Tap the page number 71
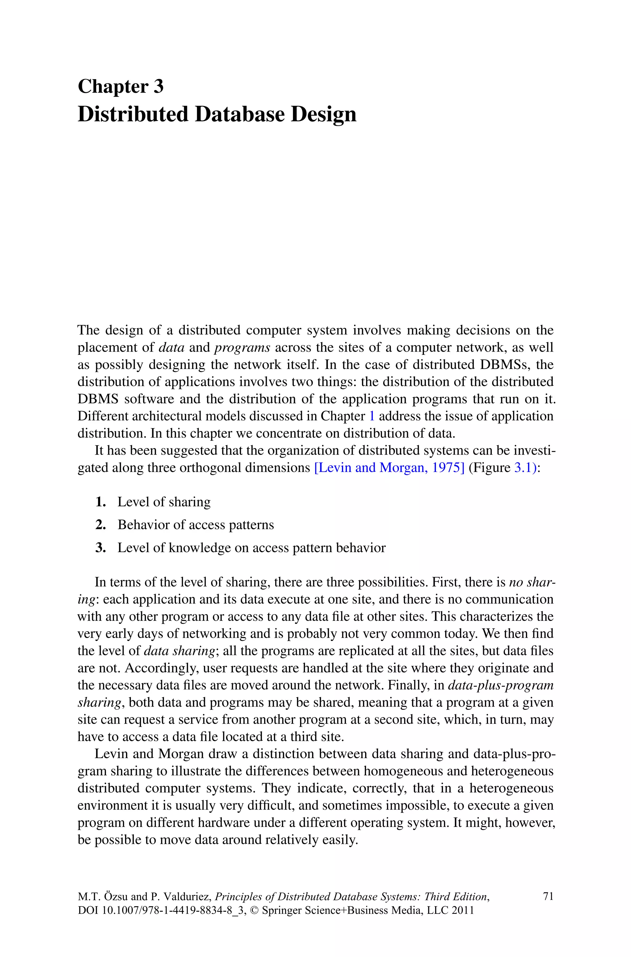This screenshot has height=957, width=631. click(x=548, y=896)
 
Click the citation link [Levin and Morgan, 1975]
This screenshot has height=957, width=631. click(x=389, y=468)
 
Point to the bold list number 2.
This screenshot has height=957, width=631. click(x=100, y=525)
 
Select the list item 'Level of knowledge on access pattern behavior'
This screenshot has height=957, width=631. click(x=251, y=548)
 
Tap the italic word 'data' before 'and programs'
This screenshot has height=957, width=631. click(x=171, y=347)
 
